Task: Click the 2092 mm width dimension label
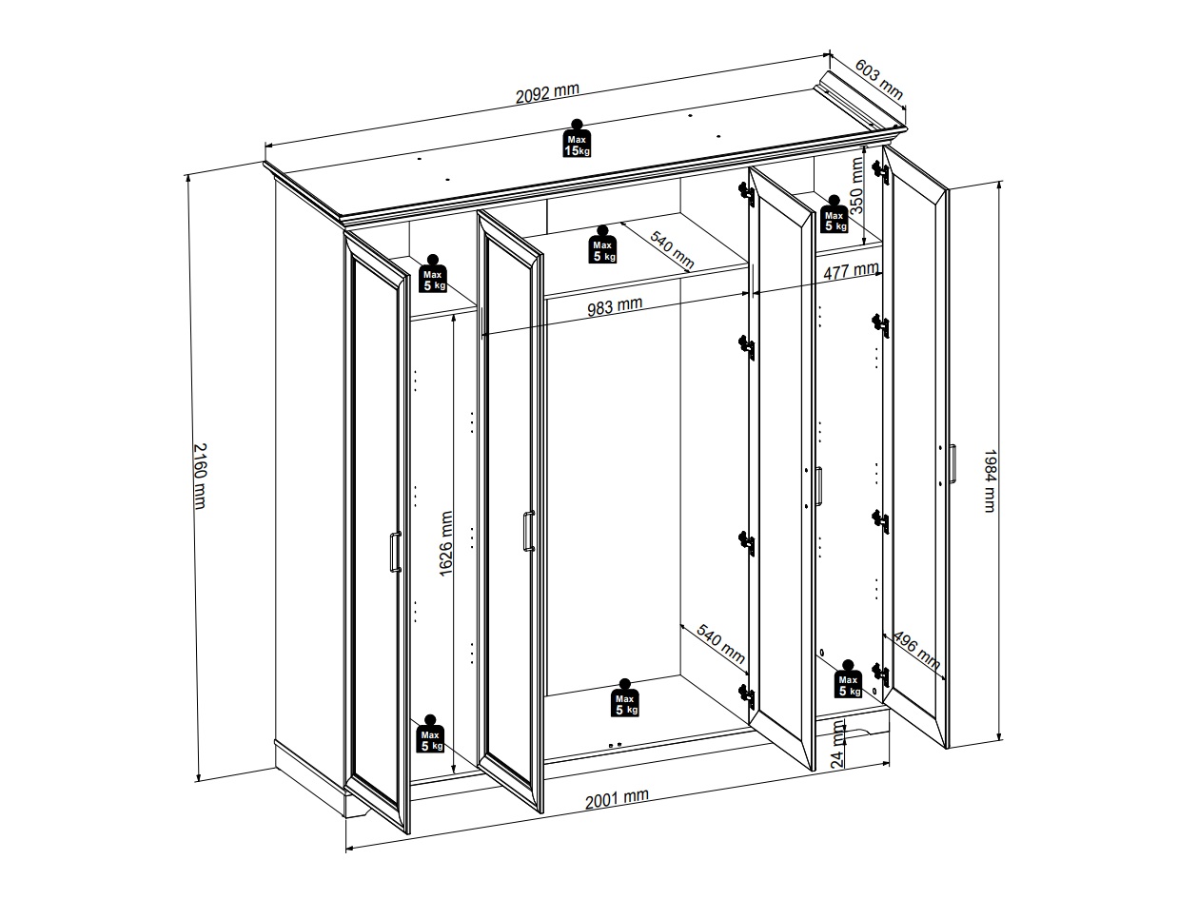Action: (x=547, y=93)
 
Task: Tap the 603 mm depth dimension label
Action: (x=879, y=79)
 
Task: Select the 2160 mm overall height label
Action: (x=201, y=476)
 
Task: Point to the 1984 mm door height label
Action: (x=990, y=480)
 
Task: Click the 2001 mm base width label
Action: (x=617, y=799)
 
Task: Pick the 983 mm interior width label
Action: (x=615, y=306)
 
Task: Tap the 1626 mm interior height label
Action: (x=446, y=543)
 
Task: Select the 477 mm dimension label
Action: (x=851, y=270)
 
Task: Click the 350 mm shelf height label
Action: (x=857, y=186)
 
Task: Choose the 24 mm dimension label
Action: (x=837, y=744)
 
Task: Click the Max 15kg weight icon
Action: (x=577, y=139)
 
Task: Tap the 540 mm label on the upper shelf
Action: (x=672, y=249)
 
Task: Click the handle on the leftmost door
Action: (x=395, y=552)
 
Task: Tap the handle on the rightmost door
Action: (x=952, y=463)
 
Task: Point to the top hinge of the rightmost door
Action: (x=881, y=172)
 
